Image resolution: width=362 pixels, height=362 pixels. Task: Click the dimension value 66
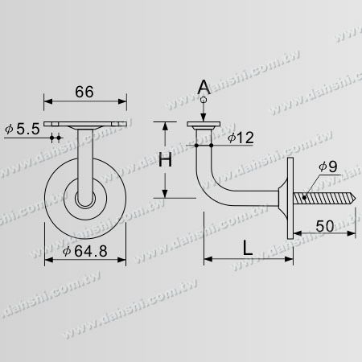coord(84,92)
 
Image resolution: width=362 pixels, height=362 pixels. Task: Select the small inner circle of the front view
coord(84,199)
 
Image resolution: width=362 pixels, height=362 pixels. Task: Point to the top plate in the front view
coord(84,123)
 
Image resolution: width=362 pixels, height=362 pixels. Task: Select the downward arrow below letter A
coord(205,113)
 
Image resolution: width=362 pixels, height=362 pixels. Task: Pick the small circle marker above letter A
coord(205,99)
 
